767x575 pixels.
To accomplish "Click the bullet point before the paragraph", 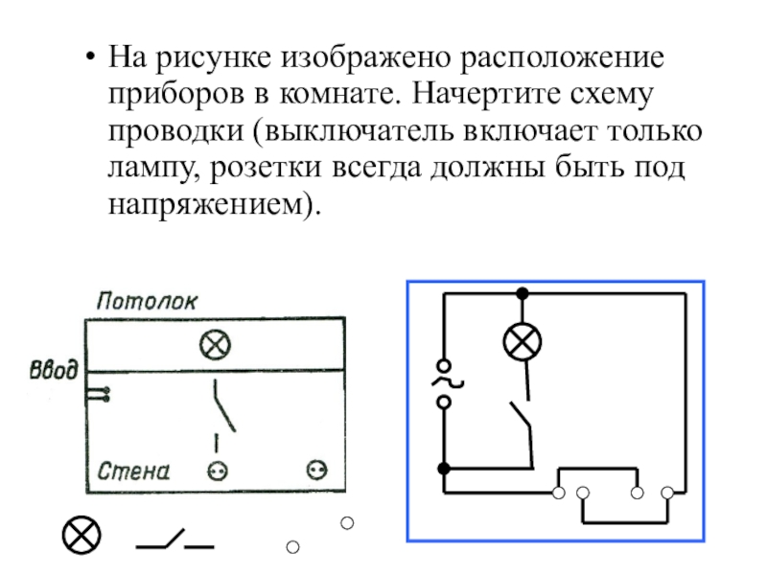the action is click(x=89, y=57).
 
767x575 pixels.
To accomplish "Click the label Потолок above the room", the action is click(x=147, y=301).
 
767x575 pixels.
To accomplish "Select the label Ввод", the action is click(x=54, y=370).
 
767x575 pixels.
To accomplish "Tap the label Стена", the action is click(x=133, y=471).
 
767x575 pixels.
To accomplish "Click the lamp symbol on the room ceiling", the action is click(x=215, y=345).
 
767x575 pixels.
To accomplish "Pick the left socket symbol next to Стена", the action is click(x=218, y=471).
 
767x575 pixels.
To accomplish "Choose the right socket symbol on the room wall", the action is click(x=317, y=471).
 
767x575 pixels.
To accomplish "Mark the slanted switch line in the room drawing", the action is click(x=224, y=405).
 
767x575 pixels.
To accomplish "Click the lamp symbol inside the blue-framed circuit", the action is click(x=523, y=342).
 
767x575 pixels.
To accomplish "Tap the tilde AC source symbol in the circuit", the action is click(x=446, y=383).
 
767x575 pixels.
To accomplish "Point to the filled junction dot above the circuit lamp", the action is click(x=523, y=293).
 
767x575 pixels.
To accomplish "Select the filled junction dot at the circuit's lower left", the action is click(x=444, y=469).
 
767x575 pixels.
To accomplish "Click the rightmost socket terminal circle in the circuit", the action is click(x=667, y=493).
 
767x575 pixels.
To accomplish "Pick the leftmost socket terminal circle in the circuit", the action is click(x=559, y=493).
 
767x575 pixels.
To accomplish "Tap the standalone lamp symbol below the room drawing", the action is click(x=81, y=535).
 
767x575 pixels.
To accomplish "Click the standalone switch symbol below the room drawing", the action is click(x=174, y=540).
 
